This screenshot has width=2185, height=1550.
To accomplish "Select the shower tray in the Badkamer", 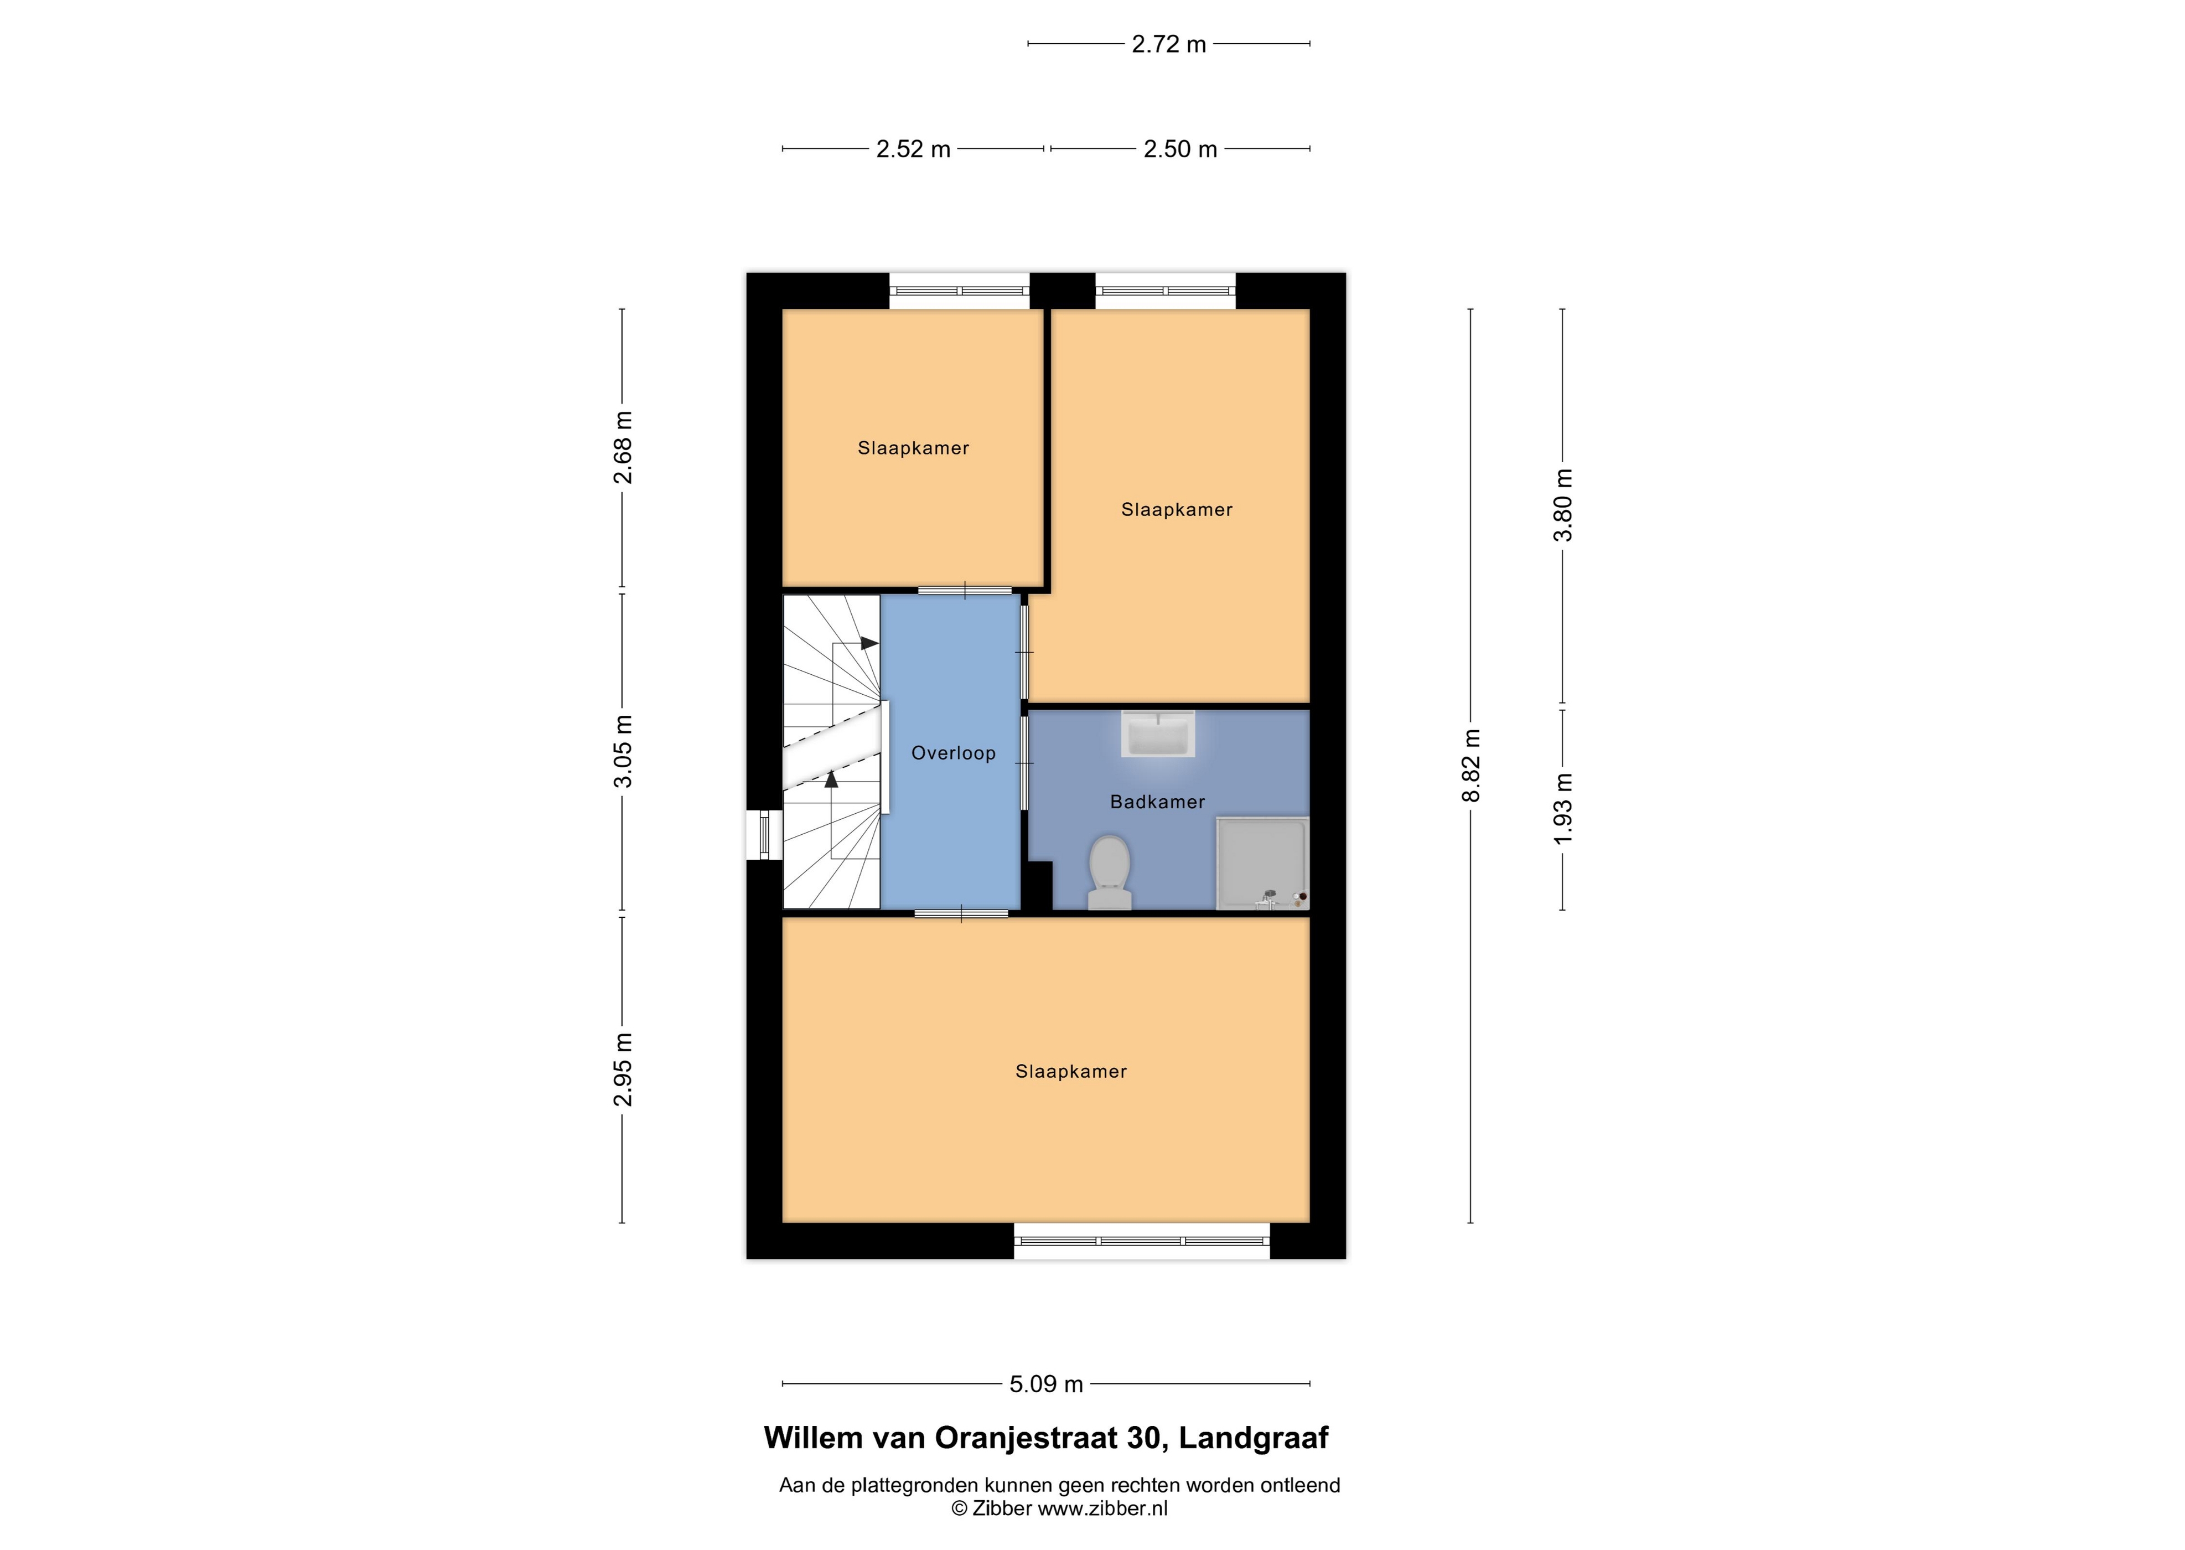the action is (x=1261, y=863).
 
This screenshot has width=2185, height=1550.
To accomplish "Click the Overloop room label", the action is (x=953, y=753).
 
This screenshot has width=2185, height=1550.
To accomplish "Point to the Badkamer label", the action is (x=1157, y=802).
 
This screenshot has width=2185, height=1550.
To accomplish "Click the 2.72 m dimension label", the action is (x=1169, y=44).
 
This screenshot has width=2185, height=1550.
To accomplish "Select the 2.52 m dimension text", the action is (x=913, y=149).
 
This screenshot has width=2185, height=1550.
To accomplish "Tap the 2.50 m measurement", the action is (x=1180, y=149).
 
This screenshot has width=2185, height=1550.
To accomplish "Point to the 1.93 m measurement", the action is (x=1563, y=808).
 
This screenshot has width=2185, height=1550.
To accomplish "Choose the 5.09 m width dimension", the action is (x=1047, y=1384).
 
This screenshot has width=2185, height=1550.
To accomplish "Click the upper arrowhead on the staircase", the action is (x=869, y=643).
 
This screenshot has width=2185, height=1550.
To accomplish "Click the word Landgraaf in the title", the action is (x=1253, y=1438).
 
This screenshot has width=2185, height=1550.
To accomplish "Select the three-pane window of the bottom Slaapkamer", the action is (x=1142, y=1241).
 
